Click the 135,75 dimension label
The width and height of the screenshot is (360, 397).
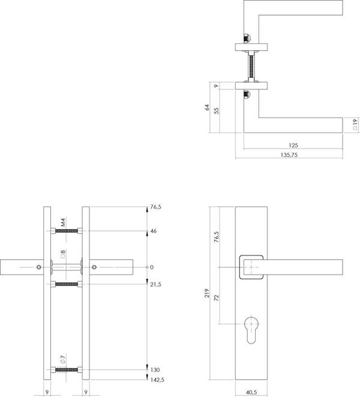point(289,155)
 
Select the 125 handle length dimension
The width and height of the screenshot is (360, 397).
point(293,145)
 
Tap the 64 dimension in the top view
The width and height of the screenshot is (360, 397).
point(207,107)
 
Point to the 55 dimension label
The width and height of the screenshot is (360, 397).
point(216,110)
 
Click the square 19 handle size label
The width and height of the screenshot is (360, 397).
point(355,124)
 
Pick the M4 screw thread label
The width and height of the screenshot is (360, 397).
point(63,222)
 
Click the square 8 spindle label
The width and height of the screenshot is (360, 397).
point(63,254)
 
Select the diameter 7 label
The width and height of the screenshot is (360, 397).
point(63,359)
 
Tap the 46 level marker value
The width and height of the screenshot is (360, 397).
point(153,231)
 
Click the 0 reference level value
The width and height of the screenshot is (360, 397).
point(152,267)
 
